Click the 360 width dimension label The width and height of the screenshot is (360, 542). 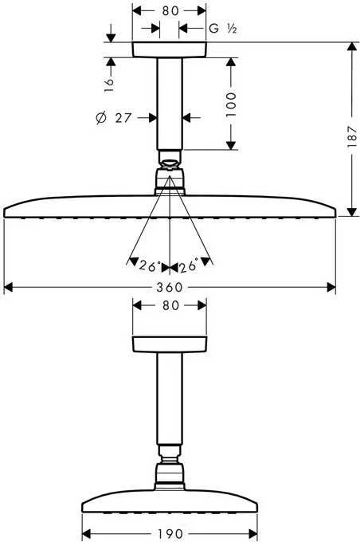169,287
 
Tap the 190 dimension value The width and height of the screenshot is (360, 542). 169,533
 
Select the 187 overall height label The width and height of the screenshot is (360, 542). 352,137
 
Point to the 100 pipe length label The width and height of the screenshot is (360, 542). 231,104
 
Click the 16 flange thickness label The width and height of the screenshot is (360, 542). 109,84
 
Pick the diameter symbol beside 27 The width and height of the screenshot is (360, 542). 100,118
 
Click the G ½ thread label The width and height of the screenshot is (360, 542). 223,29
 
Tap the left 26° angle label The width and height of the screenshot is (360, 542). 150,266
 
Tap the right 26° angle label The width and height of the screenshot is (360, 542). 188,265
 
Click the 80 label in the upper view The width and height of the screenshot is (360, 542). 170,10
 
